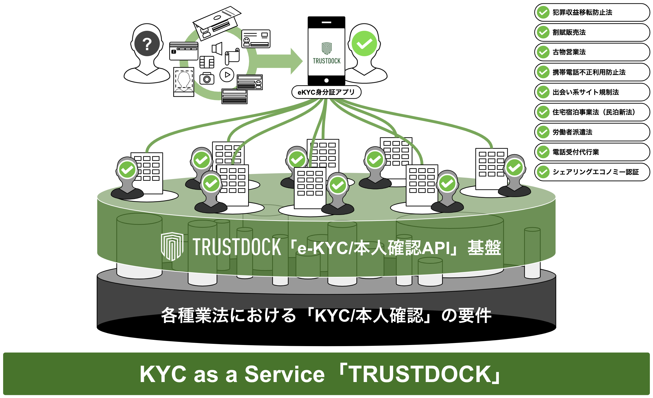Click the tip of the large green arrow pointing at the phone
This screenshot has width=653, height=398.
pos(302,61)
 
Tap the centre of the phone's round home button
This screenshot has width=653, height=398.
pos(326,80)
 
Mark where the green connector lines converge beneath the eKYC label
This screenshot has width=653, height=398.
pos(326,99)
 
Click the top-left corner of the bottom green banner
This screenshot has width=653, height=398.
pos(3,353)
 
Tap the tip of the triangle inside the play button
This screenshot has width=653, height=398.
pos(230,75)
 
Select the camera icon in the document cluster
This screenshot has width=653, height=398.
pos(207,78)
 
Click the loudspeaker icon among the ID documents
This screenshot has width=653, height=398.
pos(217,49)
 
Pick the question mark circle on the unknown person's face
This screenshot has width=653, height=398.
pos(147,44)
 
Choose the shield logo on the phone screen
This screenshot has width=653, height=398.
pos(326,48)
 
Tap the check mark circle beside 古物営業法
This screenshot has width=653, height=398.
pos(543,52)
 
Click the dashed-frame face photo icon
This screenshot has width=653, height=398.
pos(184,82)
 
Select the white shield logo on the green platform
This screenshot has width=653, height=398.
pos(172,246)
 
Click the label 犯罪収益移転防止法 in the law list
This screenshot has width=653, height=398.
pos(582,13)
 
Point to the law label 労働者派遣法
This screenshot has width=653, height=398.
pos(572,132)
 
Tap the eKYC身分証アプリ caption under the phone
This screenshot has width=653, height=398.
pos(326,92)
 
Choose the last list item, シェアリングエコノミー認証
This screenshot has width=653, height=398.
pos(596,172)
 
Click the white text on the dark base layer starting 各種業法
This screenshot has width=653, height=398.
pos(326,316)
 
